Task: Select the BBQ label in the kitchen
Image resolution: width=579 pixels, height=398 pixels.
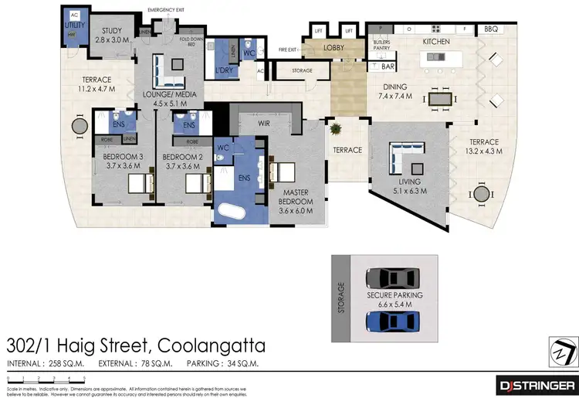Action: point(491,29)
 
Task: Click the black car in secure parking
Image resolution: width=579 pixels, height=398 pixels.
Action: point(393,277)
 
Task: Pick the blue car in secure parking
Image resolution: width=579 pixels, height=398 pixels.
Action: point(393,321)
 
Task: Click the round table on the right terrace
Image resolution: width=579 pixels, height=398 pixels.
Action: point(481,193)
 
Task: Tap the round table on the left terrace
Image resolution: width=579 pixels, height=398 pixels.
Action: point(80,126)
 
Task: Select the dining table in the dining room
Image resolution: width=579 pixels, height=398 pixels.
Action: point(441,99)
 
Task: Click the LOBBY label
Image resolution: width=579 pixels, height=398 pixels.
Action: point(334,47)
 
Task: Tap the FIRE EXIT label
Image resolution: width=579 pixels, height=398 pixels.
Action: point(288,49)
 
